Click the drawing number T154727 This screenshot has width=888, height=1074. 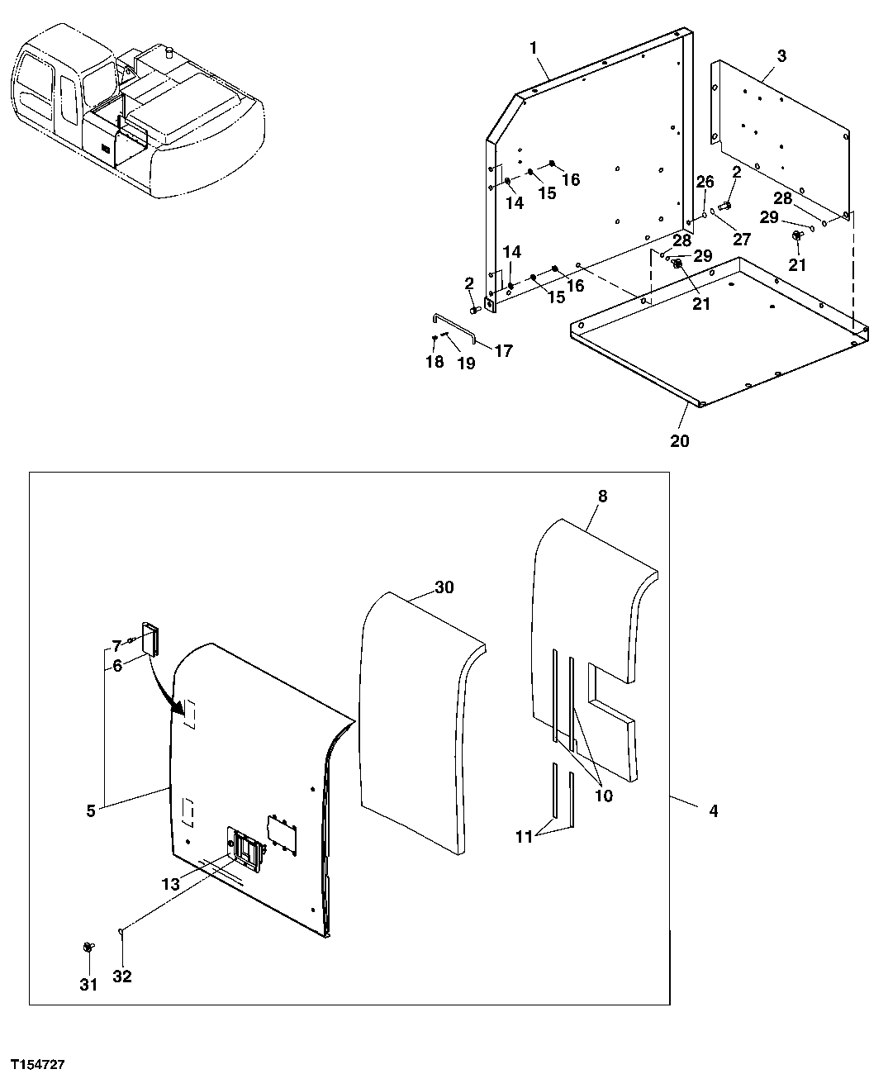point(38,1060)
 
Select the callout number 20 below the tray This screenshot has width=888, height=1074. point(679,440)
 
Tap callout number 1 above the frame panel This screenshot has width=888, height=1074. point(534,48)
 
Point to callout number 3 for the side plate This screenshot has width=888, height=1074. point(781,56)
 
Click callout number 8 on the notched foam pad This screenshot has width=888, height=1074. point(601,497)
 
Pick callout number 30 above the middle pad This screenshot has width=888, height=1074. point(444,587)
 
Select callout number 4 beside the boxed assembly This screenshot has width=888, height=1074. point(713,811)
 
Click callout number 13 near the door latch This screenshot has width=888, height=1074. point(170,884)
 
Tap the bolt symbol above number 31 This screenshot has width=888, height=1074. point(87,947)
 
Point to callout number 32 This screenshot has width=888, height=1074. point(122,977)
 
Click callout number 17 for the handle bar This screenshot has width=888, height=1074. point(503,350)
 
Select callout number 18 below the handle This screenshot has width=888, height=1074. point(435,361)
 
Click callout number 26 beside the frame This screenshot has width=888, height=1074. point(704,182)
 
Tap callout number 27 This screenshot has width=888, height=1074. point(742,240)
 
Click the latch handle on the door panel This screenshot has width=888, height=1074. point(247,851)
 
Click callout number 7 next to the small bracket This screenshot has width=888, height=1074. point(116,644)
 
